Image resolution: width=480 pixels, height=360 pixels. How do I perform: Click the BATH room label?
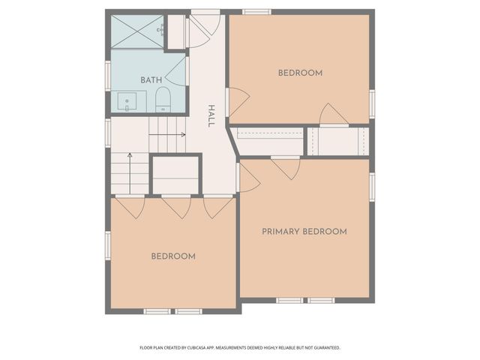[x=151, y=80]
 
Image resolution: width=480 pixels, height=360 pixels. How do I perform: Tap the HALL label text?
[x=211, y=116]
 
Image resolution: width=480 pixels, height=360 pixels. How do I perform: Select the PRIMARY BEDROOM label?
[x=304, y=232]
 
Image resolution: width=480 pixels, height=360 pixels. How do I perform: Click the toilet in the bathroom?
[x=163, y=100]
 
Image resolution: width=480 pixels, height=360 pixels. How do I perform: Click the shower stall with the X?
[x=136, y=31]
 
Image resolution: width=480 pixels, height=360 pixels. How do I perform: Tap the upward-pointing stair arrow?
[x=130, y=173]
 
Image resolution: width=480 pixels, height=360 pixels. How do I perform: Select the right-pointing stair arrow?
[x=167, y=135]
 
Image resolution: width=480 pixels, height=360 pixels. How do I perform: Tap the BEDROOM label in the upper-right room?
[x=300, y=73]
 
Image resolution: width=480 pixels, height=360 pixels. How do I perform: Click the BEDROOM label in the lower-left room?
[x=173, y=256]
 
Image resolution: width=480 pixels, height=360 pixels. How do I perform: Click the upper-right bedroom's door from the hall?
[x=238, y=102]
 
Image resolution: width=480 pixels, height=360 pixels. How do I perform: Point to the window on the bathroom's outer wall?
[x=108, y=76]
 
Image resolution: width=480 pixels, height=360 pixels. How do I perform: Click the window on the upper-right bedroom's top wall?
[x=256, y=12]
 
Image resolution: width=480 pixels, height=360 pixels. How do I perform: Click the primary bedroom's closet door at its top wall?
[x=286, y=167]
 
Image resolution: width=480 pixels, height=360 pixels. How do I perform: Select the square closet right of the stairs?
[x=175, y=175]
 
